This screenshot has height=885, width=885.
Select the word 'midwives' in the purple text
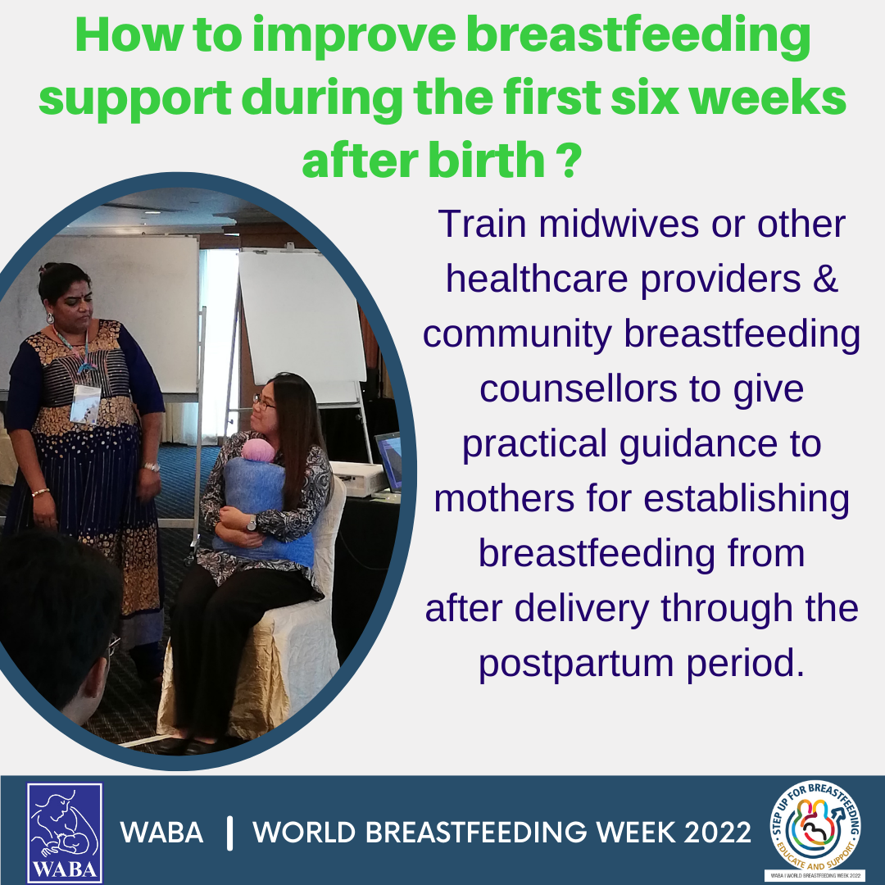click(619, 224)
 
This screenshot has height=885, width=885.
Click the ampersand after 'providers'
click(825, 279)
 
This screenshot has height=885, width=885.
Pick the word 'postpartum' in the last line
click(576, 664)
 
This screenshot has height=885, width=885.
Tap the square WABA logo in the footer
click(65, 832)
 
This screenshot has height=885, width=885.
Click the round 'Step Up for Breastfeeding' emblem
click(815, 826)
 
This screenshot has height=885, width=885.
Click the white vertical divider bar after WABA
click(229, 833)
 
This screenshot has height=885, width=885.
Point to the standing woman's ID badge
click(85, 403)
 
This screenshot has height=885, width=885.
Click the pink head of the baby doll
click(258, 451)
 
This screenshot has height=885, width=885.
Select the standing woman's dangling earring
click(50, 319)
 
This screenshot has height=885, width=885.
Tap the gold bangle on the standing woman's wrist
click(40, 492)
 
